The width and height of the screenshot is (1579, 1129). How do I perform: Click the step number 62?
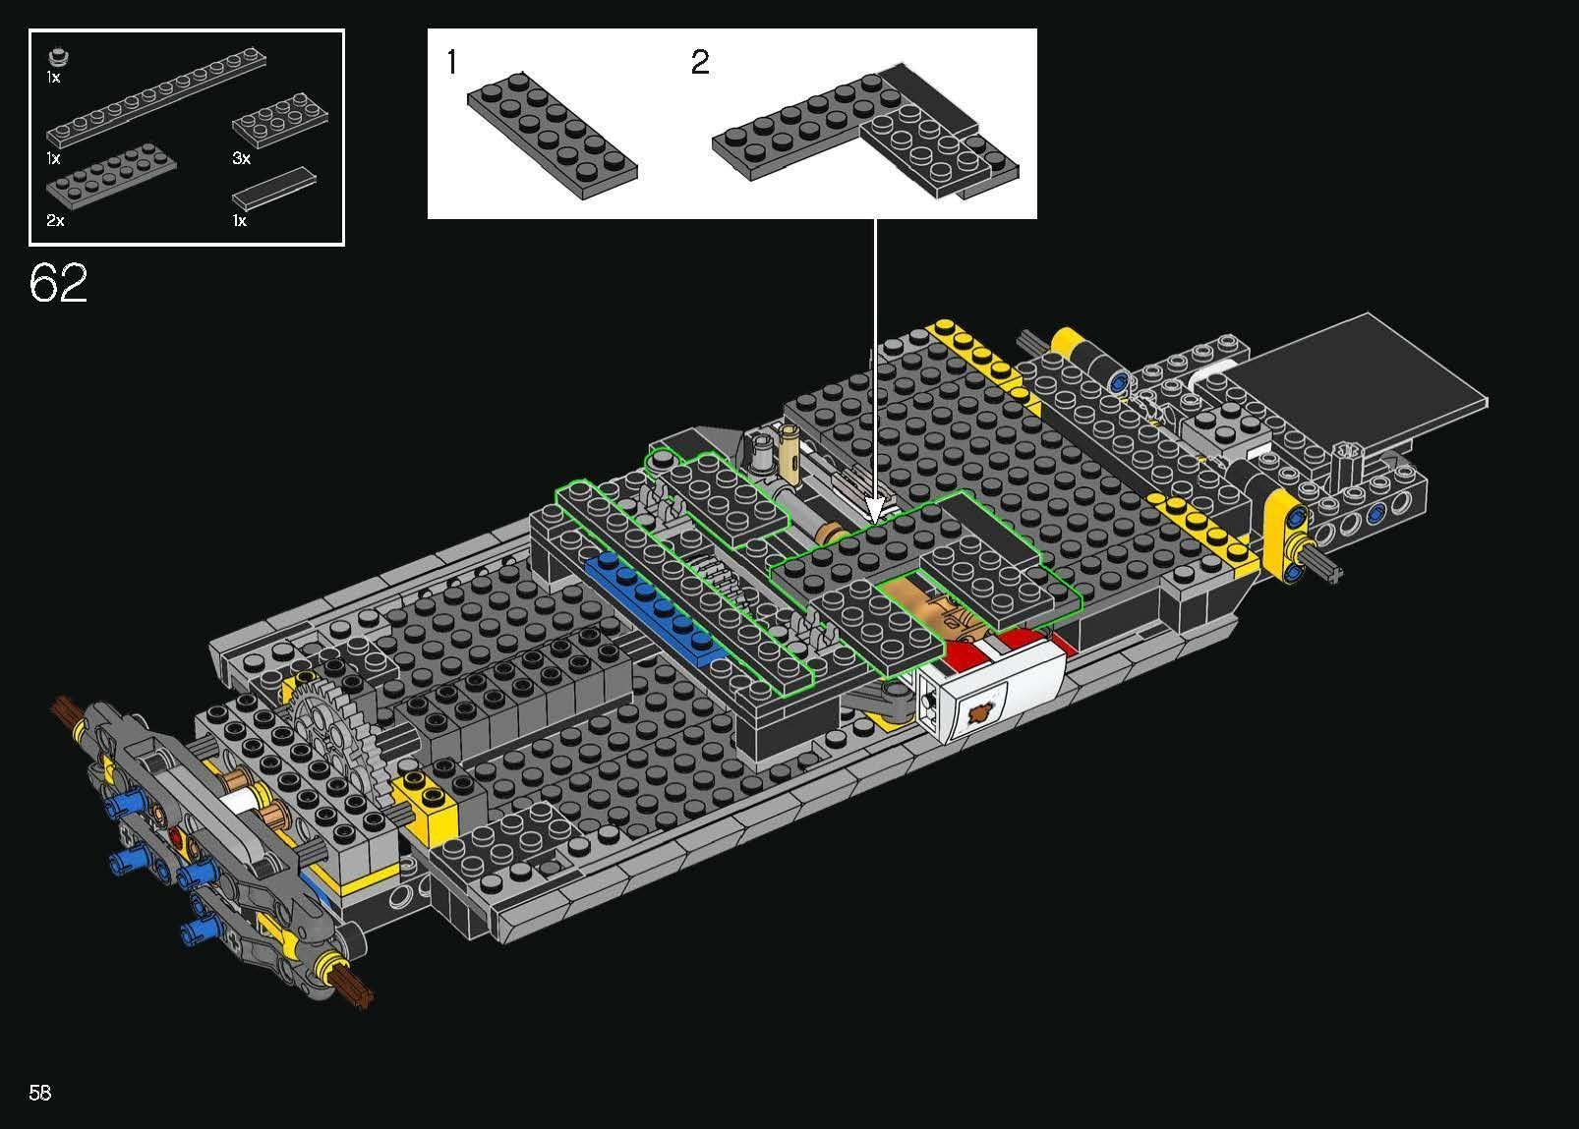click(59, 282)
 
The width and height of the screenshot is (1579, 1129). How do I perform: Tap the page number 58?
click(40, 1093)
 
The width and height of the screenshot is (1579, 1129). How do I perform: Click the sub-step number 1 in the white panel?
click(452, 61)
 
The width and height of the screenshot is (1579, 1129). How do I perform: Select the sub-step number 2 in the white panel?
click(700, 62)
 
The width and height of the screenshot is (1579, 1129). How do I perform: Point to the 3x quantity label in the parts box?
click(241, 158)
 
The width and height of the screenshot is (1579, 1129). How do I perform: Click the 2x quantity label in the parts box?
click(55, 220)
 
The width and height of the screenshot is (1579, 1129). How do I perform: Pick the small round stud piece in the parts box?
click(59, 56)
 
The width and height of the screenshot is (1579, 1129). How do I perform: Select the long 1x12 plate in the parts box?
click(155, 95)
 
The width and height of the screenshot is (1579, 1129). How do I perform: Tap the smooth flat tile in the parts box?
click(273, 189)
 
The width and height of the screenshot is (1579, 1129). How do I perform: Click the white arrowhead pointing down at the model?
click(875, 509)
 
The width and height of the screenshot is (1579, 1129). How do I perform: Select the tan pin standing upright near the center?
click(790, 456)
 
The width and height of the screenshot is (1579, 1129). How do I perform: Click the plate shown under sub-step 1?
click(552, 134)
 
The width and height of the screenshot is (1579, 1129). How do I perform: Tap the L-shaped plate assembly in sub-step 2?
click(865, 131)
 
